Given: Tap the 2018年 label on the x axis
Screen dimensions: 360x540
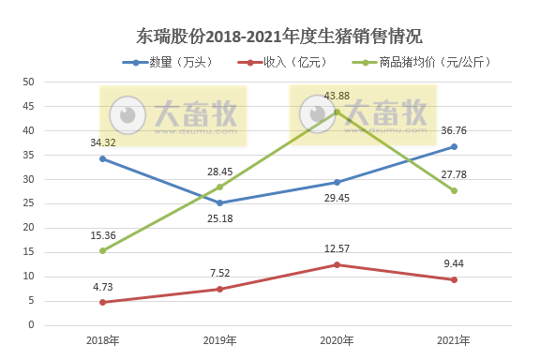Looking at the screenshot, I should click(x=101, y=340).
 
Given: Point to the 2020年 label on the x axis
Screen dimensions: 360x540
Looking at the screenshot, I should click(x=337, y=340).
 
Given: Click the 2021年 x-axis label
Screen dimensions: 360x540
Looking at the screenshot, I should click(x=454, y=340).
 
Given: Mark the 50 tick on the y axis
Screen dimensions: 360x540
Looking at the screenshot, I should click(x=29, y=82).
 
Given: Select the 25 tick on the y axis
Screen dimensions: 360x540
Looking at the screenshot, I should click(x=29, y=203).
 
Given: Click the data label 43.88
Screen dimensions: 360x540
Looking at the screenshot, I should click(x=337, y=97).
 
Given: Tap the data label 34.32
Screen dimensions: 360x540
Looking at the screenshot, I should click(x=102, y=142).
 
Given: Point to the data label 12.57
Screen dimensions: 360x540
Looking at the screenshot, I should click(x=337, y=248).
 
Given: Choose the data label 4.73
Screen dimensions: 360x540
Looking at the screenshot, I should click(x=102, y=287).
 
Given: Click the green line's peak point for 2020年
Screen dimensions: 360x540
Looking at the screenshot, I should click(x=337, y=112).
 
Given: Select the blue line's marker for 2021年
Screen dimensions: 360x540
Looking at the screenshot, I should click(x=454, y=146).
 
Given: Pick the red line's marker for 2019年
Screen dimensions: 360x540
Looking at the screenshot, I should click(x=219, y=289).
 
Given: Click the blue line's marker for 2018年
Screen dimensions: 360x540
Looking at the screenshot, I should click(x=102, y=158).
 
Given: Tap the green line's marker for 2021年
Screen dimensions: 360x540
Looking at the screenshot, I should click(x=454, y=190).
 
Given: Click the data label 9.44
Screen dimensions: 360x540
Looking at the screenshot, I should click(x=454, y=264).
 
